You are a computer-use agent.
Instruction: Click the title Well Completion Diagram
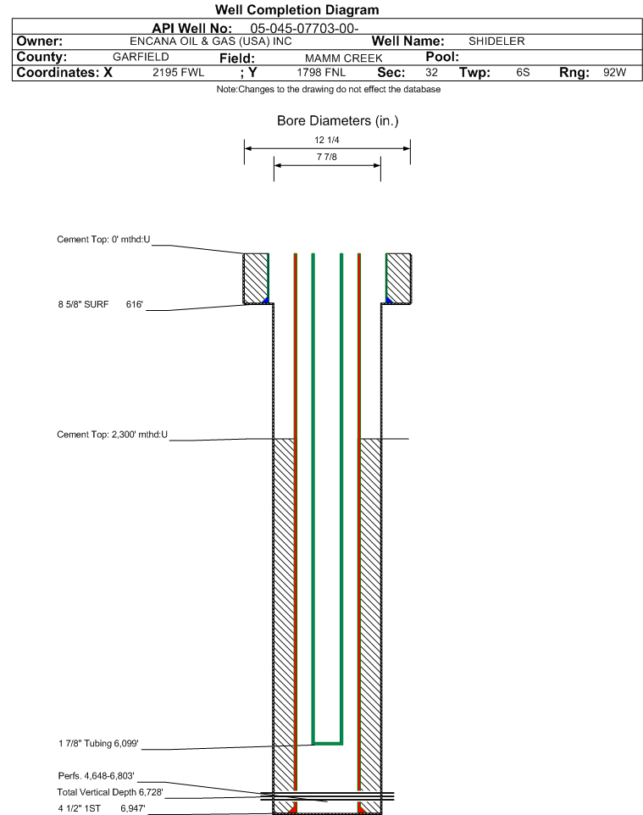click(297, 10)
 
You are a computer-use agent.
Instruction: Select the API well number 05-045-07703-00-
click(304, 28)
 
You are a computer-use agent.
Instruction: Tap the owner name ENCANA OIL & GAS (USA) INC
click(211, 42)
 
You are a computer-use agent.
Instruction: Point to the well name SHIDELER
click(496, 41)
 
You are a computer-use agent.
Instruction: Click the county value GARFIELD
click(141, 57)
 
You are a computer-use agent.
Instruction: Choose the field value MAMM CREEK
click(344, 58)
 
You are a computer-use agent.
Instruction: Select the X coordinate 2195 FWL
click(178, 72)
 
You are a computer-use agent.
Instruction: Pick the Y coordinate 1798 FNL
click(321, 72)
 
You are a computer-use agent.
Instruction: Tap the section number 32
click(431, 72)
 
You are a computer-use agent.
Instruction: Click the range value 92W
click(614, 72)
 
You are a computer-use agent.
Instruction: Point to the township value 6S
click(523, 72)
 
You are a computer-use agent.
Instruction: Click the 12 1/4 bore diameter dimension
click(327, 140)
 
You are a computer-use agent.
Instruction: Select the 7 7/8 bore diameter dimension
click(327, 157)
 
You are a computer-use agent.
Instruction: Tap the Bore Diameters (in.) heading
click(338, 121)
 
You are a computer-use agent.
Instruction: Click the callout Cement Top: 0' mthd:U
click(103, 239)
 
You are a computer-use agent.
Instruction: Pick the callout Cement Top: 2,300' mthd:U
click(113, 435)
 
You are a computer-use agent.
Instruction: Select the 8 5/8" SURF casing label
click(83, 304)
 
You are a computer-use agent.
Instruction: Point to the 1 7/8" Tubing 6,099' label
click(98, 743)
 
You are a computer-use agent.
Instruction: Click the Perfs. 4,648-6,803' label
click(97, 775)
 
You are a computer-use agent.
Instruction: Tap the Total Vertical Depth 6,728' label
click(110, 792)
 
